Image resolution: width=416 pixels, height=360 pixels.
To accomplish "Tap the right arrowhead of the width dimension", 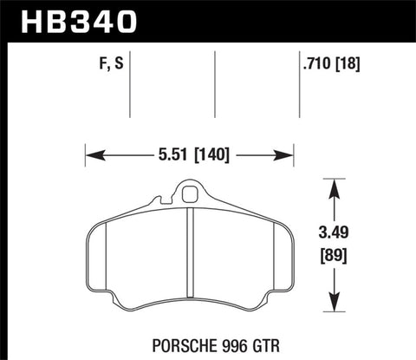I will pos(289,157).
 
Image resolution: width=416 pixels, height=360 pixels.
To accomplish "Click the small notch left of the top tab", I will pos(156,202).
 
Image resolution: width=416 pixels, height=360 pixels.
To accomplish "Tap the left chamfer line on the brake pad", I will pos(103,260).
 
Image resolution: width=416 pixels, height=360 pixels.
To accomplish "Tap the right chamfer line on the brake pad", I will pos(276,260).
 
